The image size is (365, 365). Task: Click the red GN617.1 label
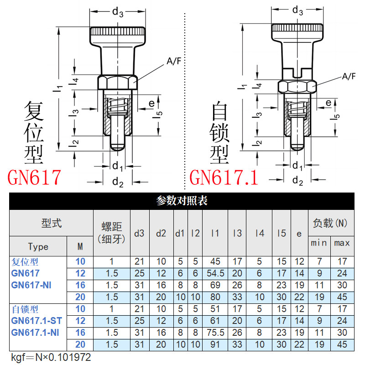click(224, 177)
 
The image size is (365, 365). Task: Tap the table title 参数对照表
click(182, 201)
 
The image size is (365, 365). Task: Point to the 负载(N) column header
click(330, 223)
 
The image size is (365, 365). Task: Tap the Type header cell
click(38, 246)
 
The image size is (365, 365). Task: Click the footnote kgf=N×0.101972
click(51, 357)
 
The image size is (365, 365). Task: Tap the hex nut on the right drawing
click(297, 86)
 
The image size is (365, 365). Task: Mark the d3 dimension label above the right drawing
click(297, 10)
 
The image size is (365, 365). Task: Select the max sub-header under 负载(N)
click(342, 243)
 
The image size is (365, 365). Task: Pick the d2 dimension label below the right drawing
click(297, 181)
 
